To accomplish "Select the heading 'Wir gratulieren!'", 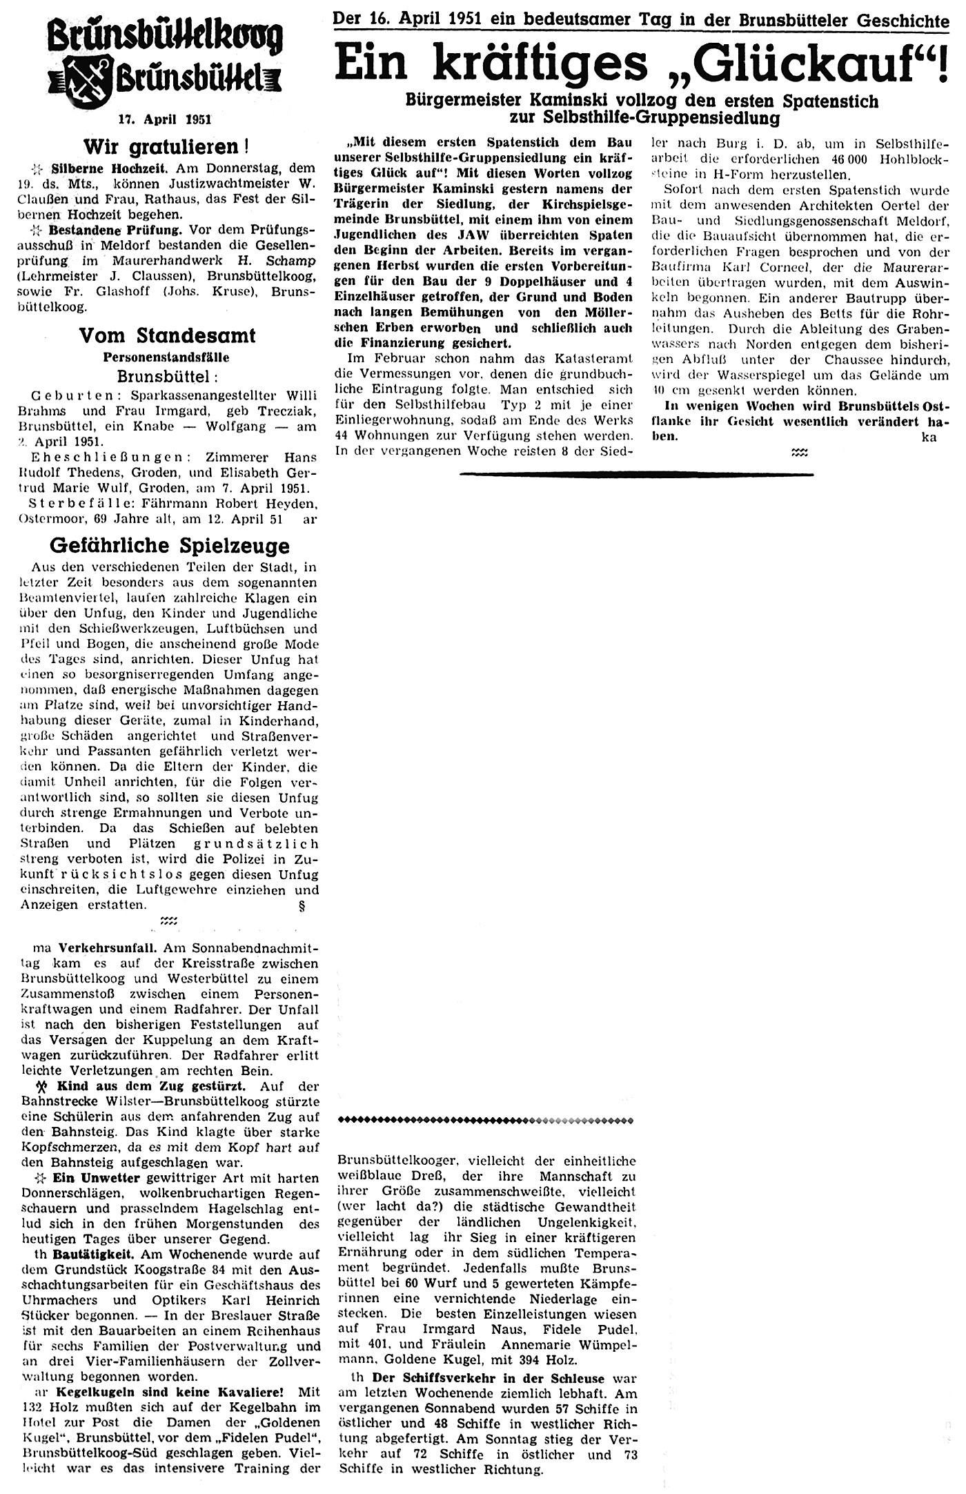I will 166,146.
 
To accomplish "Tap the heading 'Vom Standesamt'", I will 167,336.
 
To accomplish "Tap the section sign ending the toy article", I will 302,905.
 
